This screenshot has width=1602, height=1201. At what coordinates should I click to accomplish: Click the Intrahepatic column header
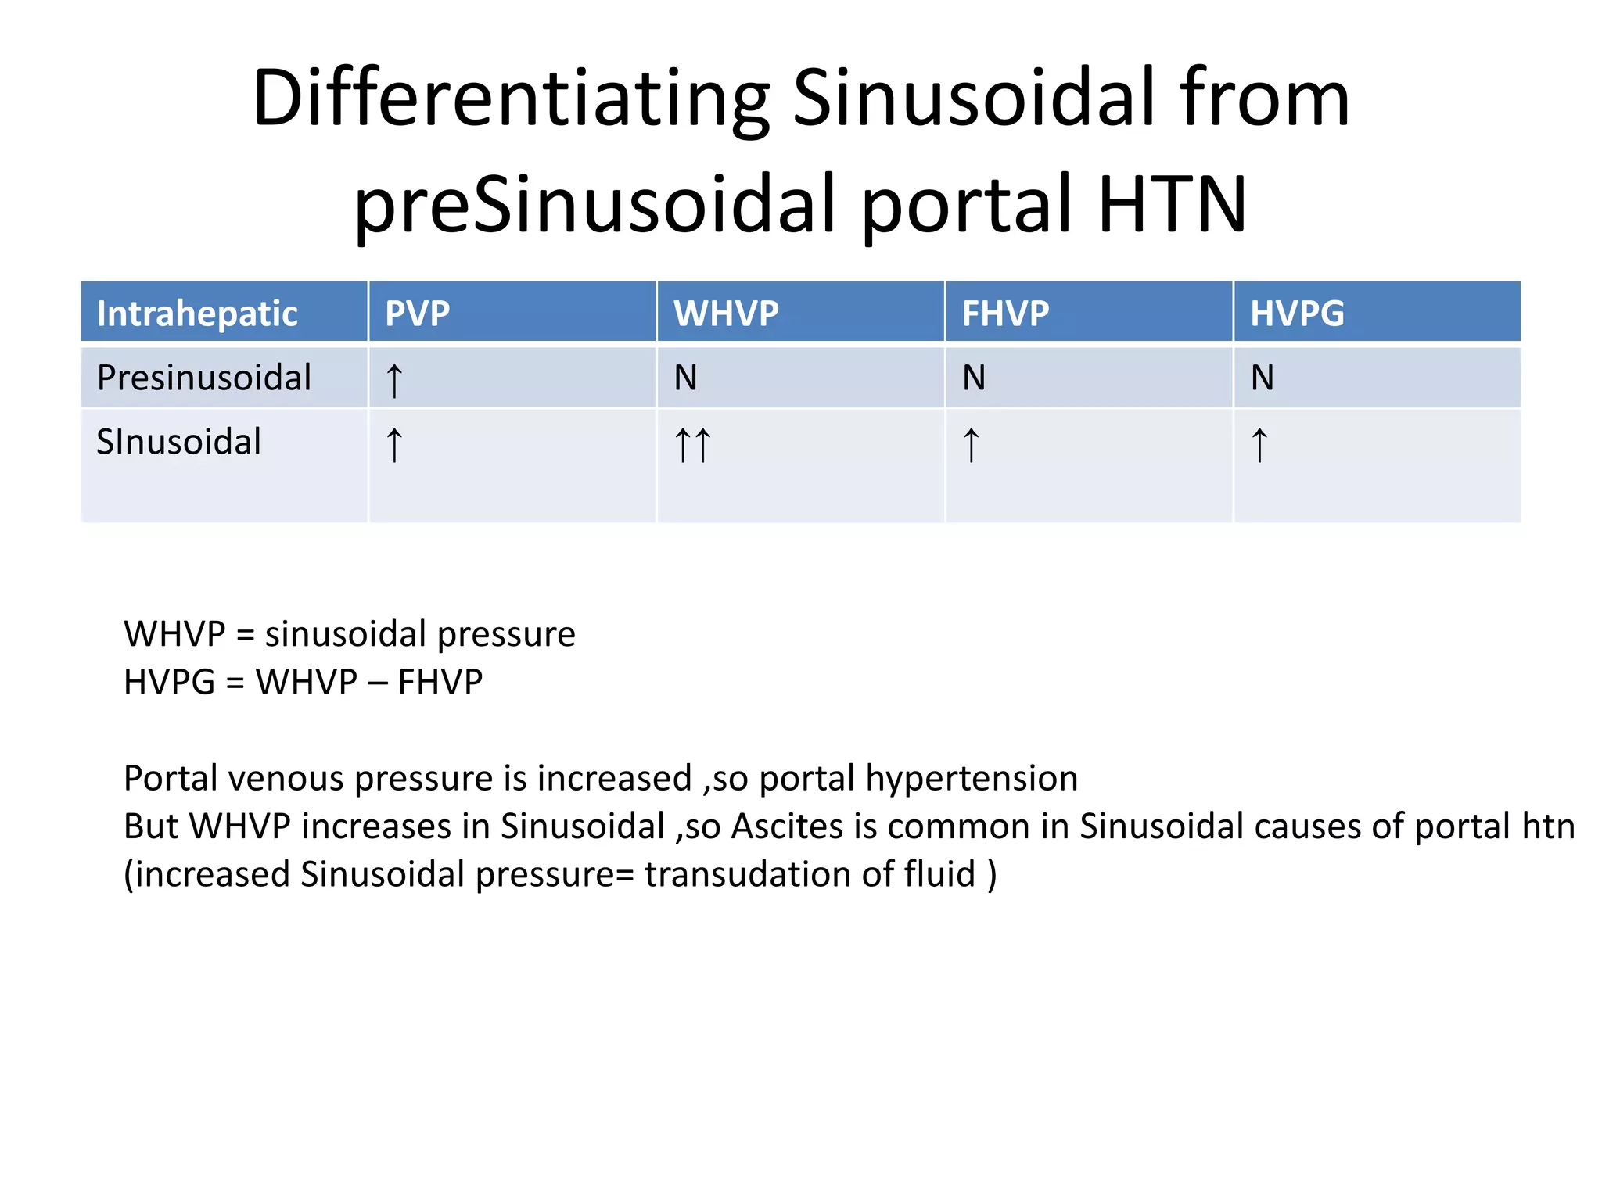coord(197,314)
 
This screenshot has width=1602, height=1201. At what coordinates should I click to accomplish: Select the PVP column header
coord(417,314)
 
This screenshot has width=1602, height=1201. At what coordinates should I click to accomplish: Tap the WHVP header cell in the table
coord(726,314)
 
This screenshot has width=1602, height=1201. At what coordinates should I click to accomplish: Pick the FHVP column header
coord(1005,314)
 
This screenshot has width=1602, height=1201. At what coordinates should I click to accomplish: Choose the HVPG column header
coord(1297,314)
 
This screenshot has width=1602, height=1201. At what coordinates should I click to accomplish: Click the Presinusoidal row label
coord(204,378)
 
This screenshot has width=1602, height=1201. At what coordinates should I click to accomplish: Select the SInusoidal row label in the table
coord(178,442)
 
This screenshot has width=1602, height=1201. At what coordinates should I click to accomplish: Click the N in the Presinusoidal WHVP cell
coord(685,378)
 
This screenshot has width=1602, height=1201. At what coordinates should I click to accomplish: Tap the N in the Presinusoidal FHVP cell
coord(974,378)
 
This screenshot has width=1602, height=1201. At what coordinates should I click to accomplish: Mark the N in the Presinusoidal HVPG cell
coord(1262,378)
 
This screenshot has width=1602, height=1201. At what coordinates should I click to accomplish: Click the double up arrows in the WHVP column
coord(692,445)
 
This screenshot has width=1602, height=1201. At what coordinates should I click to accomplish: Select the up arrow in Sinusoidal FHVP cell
coord(971,445)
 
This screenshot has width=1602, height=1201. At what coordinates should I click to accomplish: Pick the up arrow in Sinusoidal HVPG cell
coord(1259,445)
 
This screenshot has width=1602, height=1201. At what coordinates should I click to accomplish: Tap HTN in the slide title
coord(1172,205)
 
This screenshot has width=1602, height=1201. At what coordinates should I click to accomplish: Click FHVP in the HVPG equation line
coord(440,682)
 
